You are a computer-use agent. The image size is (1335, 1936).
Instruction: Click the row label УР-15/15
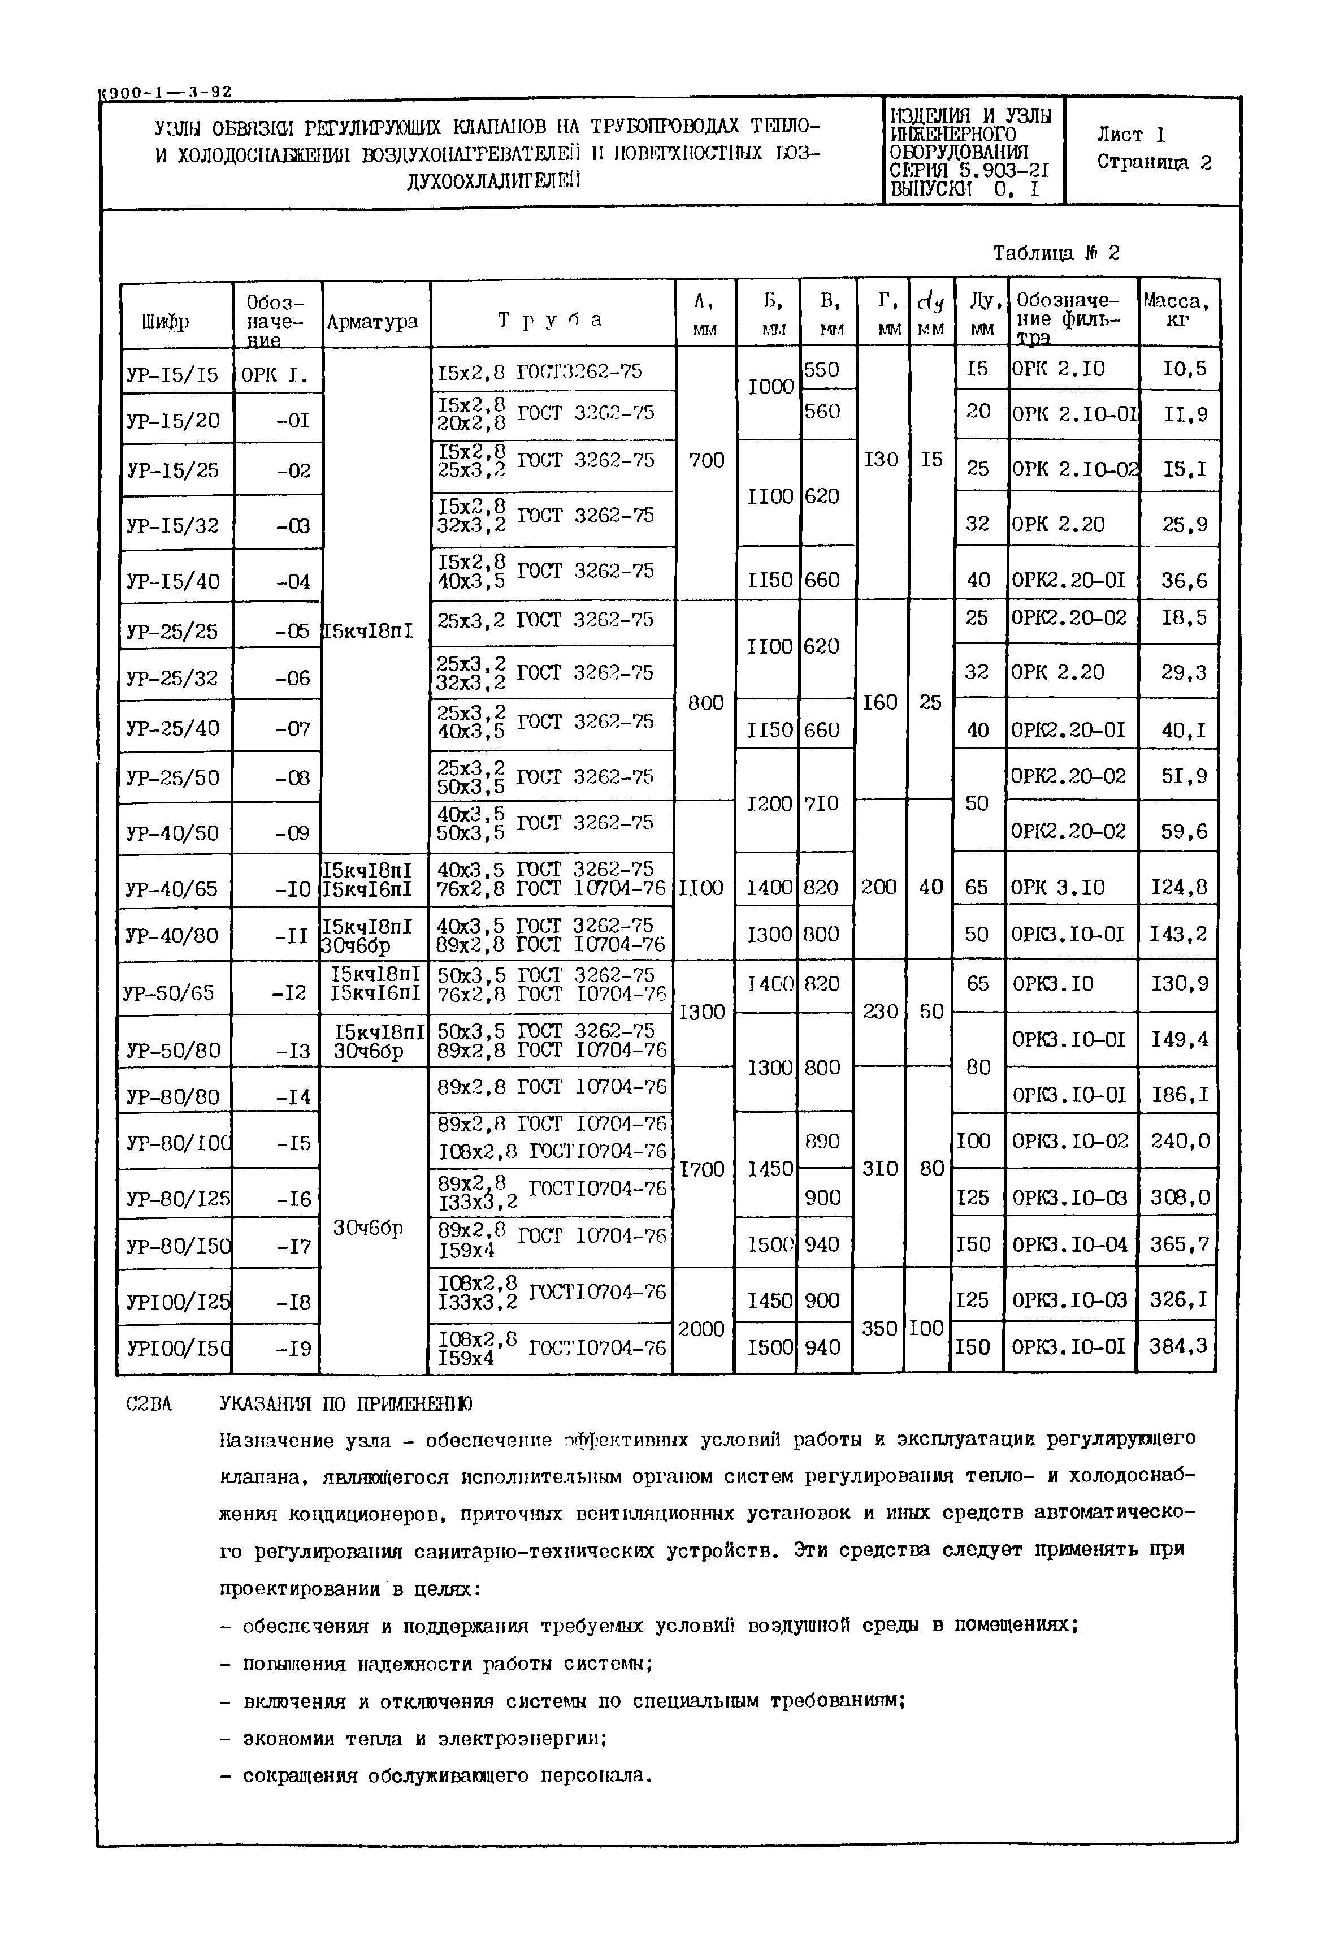[172, 375]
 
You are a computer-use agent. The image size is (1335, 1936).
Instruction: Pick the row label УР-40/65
[172, 888]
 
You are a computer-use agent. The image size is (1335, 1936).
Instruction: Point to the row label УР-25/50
[172, 778]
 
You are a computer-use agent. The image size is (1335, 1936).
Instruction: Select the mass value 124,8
[1178, 887]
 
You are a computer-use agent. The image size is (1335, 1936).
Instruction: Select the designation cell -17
[293, 1247]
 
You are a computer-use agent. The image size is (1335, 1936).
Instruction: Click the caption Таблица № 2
[1056, 253]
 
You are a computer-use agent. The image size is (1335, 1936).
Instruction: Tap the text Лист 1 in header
[1131, 135]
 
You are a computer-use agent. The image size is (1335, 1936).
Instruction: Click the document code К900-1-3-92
[165, 92]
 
